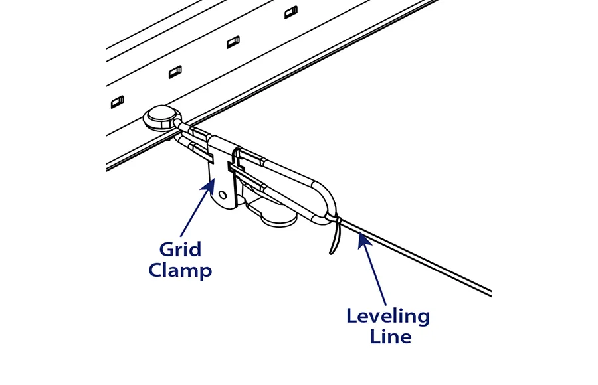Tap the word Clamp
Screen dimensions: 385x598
[x=180, y=270]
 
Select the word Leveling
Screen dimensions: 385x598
[x=388, y=315]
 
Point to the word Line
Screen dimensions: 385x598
[x=388, y=336]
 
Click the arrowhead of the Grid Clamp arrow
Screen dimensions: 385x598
[x=207, y=188]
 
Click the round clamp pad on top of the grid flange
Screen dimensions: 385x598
[x=161, y=119]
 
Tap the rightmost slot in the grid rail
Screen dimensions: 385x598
[x=291, y=11]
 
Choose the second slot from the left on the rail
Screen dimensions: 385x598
[x=175, y=72]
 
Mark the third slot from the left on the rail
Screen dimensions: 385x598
[x=233, y=42]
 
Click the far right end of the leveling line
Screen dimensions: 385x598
[x=490, y=293]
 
